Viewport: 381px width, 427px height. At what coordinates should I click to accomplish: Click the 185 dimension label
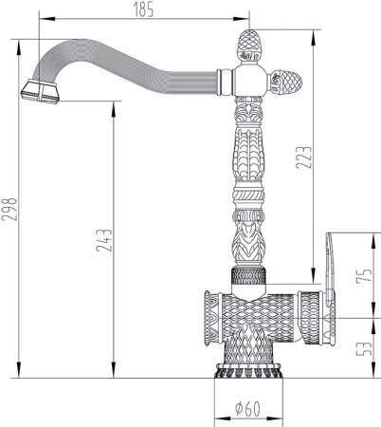click(143, 9)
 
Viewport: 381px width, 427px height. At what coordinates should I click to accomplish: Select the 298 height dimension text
click(9, 209)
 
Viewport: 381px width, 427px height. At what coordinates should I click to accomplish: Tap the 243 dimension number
click(104, 240)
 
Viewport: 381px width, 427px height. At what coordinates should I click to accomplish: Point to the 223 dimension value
click(304, 158)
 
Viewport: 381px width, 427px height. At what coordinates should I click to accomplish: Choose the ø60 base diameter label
click(248, 409)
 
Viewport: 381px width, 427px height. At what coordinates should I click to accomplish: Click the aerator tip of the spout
click(40, 92)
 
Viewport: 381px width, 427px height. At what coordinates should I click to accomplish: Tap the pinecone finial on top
click(249, 46)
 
